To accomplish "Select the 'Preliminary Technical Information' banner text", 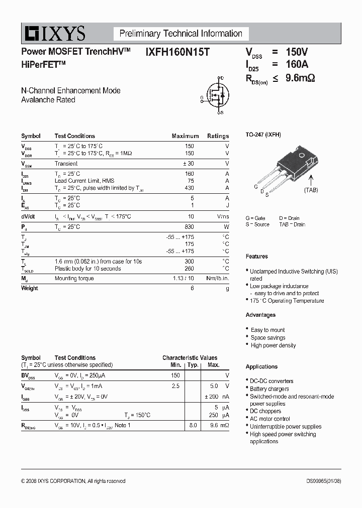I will coord(180,34).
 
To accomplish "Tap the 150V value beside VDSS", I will coord(297,52).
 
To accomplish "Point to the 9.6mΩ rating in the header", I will coord(300,78).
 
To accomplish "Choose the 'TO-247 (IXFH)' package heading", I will coord(263,135).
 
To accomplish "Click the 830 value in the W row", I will coord(189,227).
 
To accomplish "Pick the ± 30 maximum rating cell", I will coord(187,164).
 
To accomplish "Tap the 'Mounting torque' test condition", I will coord(73,278).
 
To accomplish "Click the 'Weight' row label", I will coord(29,288).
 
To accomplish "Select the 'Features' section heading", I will coord(256,257).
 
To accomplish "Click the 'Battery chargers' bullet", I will coord(269,389).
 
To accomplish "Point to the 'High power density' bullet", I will coord(273,345).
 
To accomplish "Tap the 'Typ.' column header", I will coord(193,365).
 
